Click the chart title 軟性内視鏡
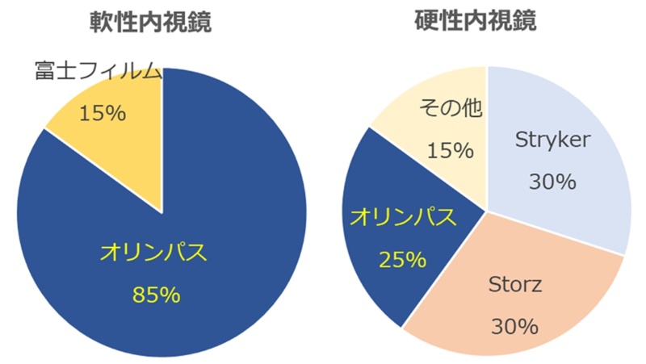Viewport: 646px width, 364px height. point(150,23)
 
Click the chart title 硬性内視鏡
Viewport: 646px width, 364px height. point(486,21)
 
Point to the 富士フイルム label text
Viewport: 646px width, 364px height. point(98,71)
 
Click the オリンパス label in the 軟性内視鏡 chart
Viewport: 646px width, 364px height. point(154,253)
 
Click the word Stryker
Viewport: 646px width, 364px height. point(553,140)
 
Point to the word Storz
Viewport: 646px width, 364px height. point(514,284)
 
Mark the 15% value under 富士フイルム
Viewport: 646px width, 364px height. point(102,113)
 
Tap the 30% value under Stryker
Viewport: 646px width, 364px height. point(552,182)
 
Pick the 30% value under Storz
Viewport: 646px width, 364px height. point(514,327)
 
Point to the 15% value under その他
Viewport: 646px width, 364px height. point(450,150)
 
